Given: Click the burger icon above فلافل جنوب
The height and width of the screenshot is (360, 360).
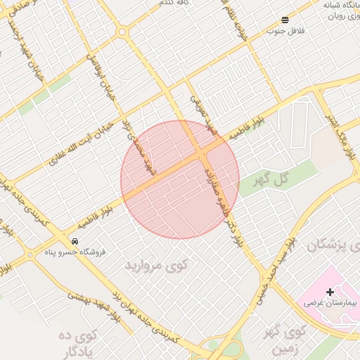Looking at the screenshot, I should pos(285,20).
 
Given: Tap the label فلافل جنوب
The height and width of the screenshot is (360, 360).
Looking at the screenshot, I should pos(285,31).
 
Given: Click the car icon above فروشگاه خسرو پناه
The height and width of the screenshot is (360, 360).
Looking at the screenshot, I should pos(75,240).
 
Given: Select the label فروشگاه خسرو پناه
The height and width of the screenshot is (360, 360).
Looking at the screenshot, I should pos(75,251).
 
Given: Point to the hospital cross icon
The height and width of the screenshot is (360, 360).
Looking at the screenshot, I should pos(330,291).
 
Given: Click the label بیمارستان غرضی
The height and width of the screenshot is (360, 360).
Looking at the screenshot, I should pos(330,302).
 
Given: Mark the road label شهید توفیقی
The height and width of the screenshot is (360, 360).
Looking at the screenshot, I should pos(203,112).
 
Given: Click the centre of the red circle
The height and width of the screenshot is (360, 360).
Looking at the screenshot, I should pos(180,179).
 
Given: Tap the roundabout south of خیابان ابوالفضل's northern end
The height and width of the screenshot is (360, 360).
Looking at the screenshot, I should pos(122,32).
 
